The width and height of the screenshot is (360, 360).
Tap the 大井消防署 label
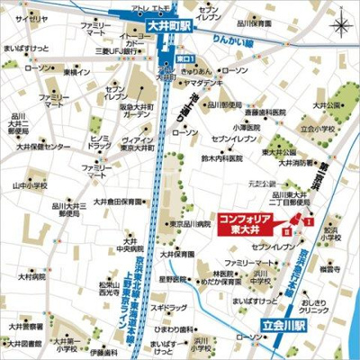pyautogui.click(x=297, y=164)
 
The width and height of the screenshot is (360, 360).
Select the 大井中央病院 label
pyautogui.click(x=131, y=246)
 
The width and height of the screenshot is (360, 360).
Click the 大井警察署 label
pyautogui.click(x=24, y=327)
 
